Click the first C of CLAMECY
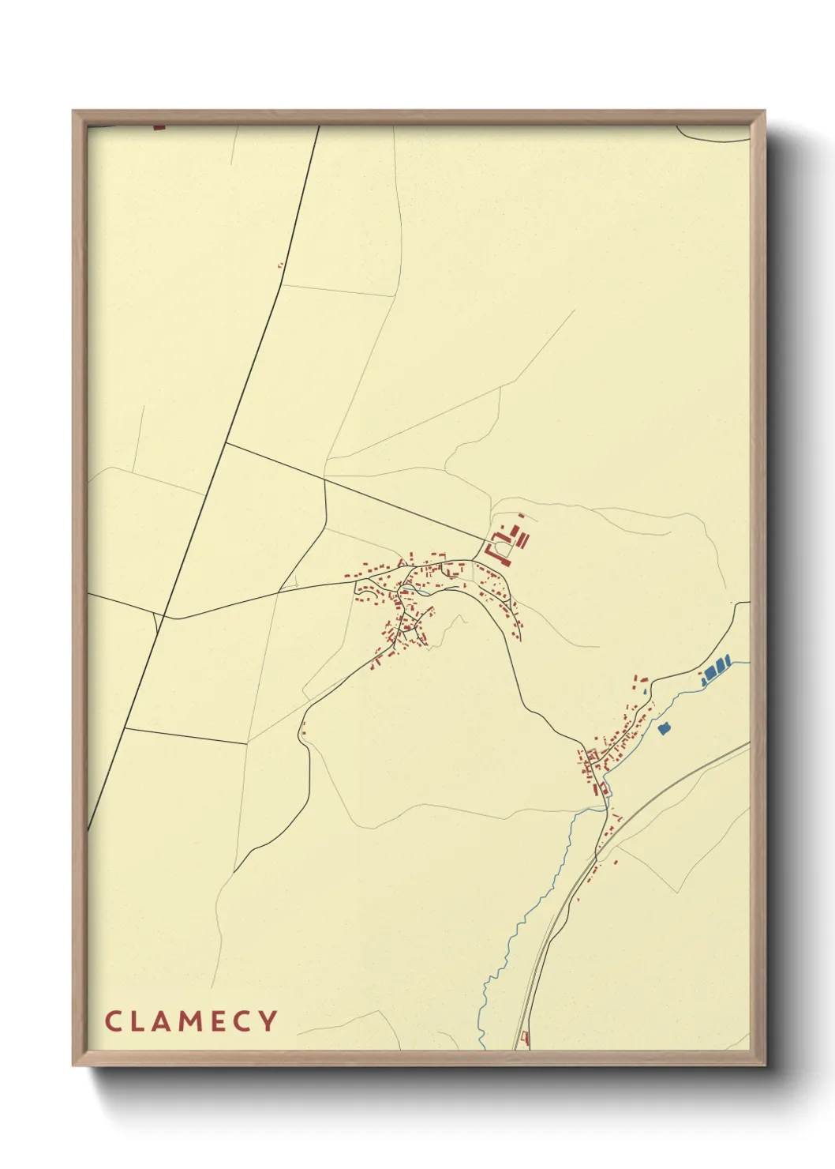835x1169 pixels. click(112, 1021)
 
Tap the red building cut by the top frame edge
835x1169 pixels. click(159, 126)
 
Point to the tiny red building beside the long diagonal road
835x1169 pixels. click(279, 266)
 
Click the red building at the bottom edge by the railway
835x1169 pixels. click(526, 1037)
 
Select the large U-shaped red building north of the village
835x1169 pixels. click(499, 546)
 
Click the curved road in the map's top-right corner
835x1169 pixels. click(714, 138)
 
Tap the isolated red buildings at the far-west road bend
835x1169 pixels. click(302, 727)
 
